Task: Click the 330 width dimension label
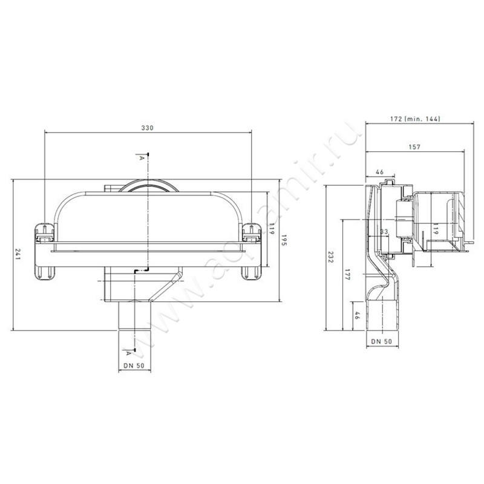pos(147,128)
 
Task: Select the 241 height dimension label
pos(17,254)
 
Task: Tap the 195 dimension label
pos(284,240)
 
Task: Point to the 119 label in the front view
pos(272,229)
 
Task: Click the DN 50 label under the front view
pos(134,365)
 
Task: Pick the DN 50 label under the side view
pos(382,341)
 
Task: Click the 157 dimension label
pos(414,147)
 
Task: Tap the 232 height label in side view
pos(330,257)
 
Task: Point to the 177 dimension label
pos(347,275)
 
